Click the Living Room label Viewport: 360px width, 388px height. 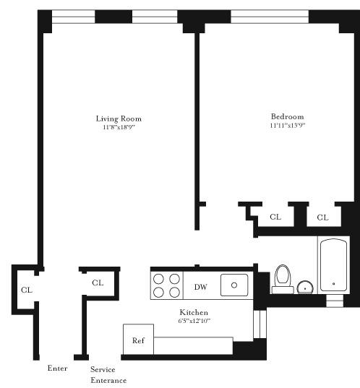click(119, 118)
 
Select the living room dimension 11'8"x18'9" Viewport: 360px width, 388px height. click(119, 127)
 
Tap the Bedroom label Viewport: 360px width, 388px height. click(287, 116)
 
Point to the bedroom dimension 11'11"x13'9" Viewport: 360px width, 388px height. click(287, 126)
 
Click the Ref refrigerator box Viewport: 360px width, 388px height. click(137, 340)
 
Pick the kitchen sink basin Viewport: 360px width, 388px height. click(234, 285)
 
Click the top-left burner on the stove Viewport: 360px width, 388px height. click(159, 278)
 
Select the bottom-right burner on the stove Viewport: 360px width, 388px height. click(174, 292)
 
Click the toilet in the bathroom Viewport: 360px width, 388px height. click(283, 277)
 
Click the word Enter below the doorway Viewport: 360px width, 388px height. click(57, 368)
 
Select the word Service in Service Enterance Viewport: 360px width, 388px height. click(103, 369)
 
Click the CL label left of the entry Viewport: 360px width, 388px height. click(27, 290)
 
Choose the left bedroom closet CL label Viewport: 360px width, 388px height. click(275, 217)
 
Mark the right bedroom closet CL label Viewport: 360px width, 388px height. click(322, 217)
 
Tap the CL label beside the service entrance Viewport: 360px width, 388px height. click(98, 283)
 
